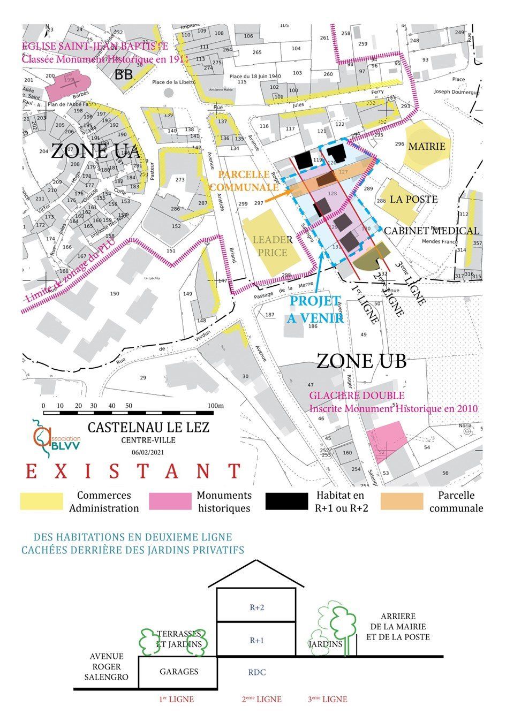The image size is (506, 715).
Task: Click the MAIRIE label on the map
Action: [x=427, y=146]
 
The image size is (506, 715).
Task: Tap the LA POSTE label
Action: [x=413, y=200]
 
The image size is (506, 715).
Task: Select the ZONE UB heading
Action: [x=361, y=361]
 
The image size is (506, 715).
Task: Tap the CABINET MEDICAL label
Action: [x=432, y=231]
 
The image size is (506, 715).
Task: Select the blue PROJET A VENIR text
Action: [x=315, y=309]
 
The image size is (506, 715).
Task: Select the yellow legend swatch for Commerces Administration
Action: [x=42, y=501]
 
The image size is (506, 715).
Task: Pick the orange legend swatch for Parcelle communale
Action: [x=402, y=501]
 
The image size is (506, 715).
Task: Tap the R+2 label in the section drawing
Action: [x=257, y=607]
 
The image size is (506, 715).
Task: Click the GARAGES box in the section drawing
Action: [x=178, y=672]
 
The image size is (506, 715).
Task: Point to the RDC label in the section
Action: [x=257, y=673]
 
